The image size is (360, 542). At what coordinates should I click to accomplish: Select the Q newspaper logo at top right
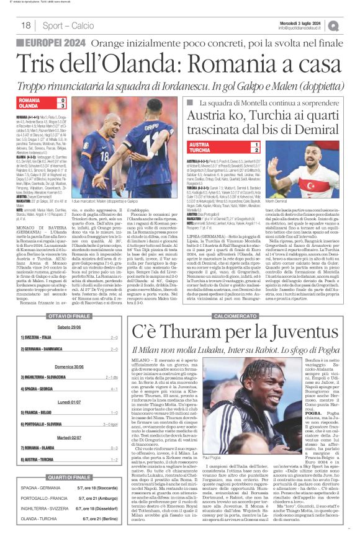pos(351,25)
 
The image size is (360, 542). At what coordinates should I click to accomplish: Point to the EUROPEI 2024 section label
pos(56,43)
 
